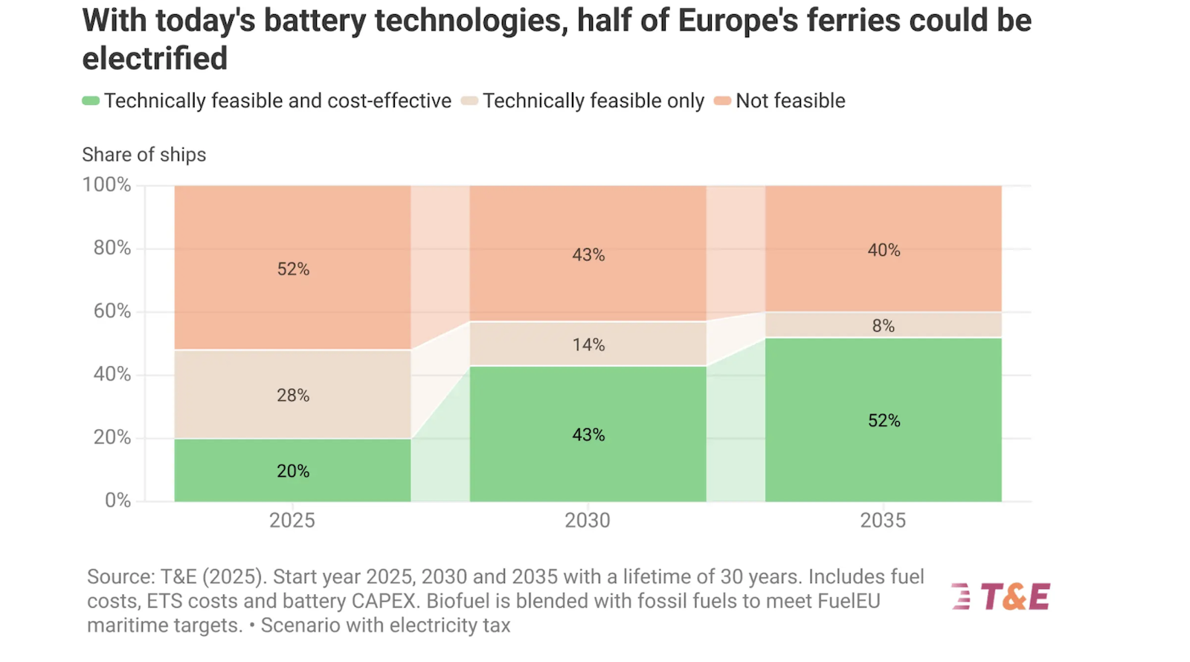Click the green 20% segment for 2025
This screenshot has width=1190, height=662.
tap(292, 470)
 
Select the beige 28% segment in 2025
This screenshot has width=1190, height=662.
tap(292, 394)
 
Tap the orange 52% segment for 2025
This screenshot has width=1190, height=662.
tap(292, 268)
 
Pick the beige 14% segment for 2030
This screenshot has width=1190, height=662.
tap(588, 344)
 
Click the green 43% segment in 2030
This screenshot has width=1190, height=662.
tap(588, 434)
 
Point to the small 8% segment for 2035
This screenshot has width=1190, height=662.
tap(883, 325)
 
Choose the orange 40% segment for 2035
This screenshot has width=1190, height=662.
tap(883, 249)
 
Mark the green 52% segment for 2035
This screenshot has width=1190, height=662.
tap(883, 420)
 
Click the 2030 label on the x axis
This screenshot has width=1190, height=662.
tap(588, 520)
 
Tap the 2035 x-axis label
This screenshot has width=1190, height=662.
tap(883, 520)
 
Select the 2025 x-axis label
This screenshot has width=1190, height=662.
tap(292, 520)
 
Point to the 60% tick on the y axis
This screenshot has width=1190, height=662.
tap(112, 311)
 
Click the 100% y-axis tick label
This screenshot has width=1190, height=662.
tap(106, 184)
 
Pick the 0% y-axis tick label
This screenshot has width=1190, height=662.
tap(118, 500)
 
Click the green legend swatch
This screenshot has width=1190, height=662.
tap(91, 101)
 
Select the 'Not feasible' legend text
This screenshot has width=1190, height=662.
tap(791, 101)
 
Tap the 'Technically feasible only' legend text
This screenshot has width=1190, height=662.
tap(594, 101)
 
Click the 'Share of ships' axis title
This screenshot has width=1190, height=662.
tap(144, 155)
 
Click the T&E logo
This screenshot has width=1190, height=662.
tap(1001, 597)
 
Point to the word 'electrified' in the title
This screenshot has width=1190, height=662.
tap(155, 59)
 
